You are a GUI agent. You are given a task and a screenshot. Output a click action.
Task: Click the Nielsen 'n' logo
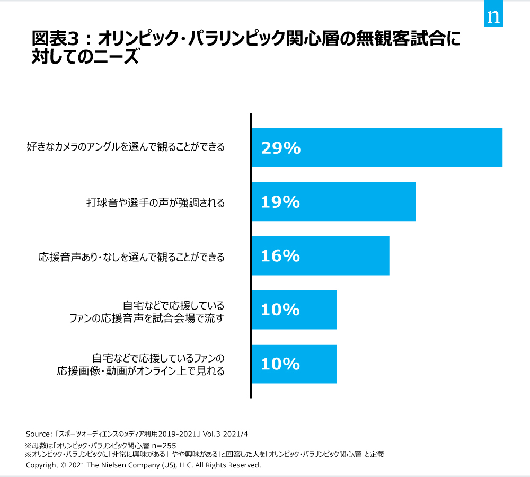[x=493, y=16]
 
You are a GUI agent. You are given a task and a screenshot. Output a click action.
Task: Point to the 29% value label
[x=281, y=148]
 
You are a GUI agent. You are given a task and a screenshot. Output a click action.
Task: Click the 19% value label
[x=280, y=202]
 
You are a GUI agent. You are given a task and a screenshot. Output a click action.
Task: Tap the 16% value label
[x=280, y=256]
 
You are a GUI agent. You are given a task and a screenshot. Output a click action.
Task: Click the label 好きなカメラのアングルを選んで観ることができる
[x=126, y=147]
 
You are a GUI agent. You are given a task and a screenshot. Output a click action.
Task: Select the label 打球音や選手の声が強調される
[x=155, y=202]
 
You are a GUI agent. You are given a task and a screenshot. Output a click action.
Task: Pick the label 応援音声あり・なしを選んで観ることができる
[x=131, y=258]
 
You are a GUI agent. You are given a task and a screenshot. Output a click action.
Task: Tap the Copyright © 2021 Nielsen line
[x=143, y=465]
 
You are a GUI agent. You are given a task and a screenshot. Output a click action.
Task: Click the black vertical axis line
[x=250, y=254]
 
